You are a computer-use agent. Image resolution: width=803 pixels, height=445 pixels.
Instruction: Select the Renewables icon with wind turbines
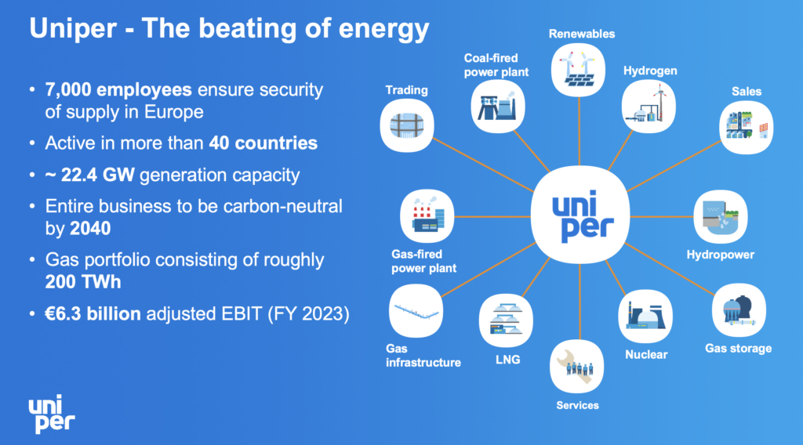click(x=580, y=70)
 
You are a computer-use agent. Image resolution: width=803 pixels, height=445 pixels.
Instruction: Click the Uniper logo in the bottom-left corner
click(x=52, y=414)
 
